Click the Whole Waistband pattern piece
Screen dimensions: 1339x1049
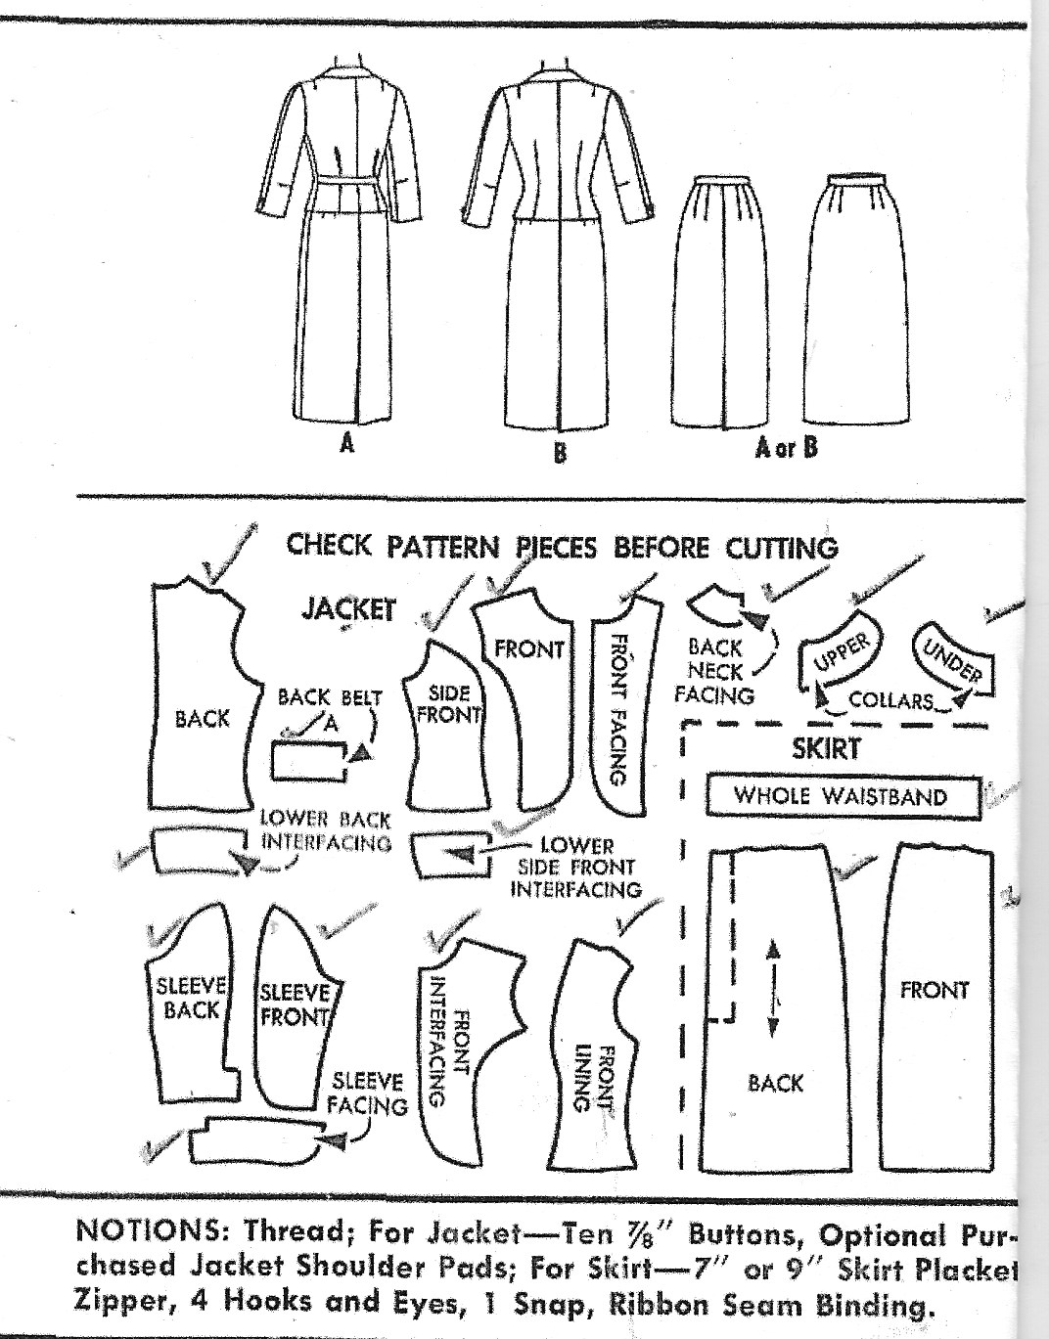click(x=842, y=796)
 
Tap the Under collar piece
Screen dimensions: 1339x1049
click(x=951, y=657)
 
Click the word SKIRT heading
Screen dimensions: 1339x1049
click(x=826, y=749)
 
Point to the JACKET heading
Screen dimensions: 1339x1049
click(x=347, y=608)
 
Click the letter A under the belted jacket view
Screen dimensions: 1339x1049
click(x=346, y=444)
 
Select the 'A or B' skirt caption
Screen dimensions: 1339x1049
click(x=785, y=447)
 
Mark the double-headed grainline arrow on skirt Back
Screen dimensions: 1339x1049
click(x=772, y=989)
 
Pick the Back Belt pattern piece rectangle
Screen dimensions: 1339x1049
click(x=309, y=760)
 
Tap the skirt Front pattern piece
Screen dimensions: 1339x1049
click(x=934, y=1007)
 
